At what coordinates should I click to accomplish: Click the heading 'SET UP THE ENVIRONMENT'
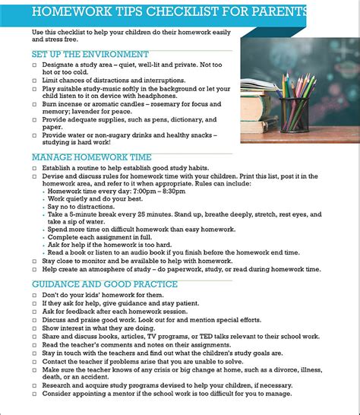pyautogui.click(x=90, y=55)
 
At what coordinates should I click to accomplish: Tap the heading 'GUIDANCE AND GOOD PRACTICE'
pyautogui.click(x=104, y=284)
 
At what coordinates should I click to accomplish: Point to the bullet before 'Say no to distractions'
pyautogui.click(x=43, y=207)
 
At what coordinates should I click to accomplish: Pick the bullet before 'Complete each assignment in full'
pyautogui.click(x=43, y=237)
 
